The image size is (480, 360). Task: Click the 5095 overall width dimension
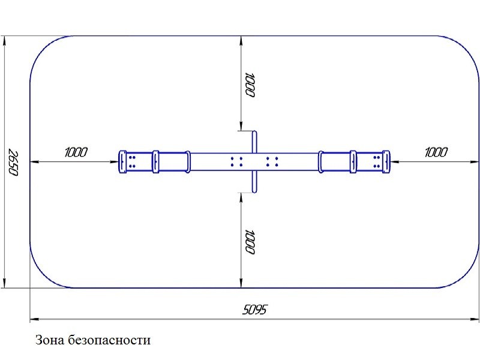point(254,310)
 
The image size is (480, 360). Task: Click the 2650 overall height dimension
point(13,163)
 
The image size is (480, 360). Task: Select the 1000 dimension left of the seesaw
point(76,152)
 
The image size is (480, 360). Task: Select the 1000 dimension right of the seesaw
point(436,152)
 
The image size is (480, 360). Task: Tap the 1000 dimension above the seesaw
point(250,85)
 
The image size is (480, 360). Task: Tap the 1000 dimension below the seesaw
point(250,242)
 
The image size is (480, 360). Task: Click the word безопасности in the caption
point(109,340)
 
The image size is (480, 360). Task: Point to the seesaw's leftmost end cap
point(122,162)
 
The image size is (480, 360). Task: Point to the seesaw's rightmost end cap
point(386,162)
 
